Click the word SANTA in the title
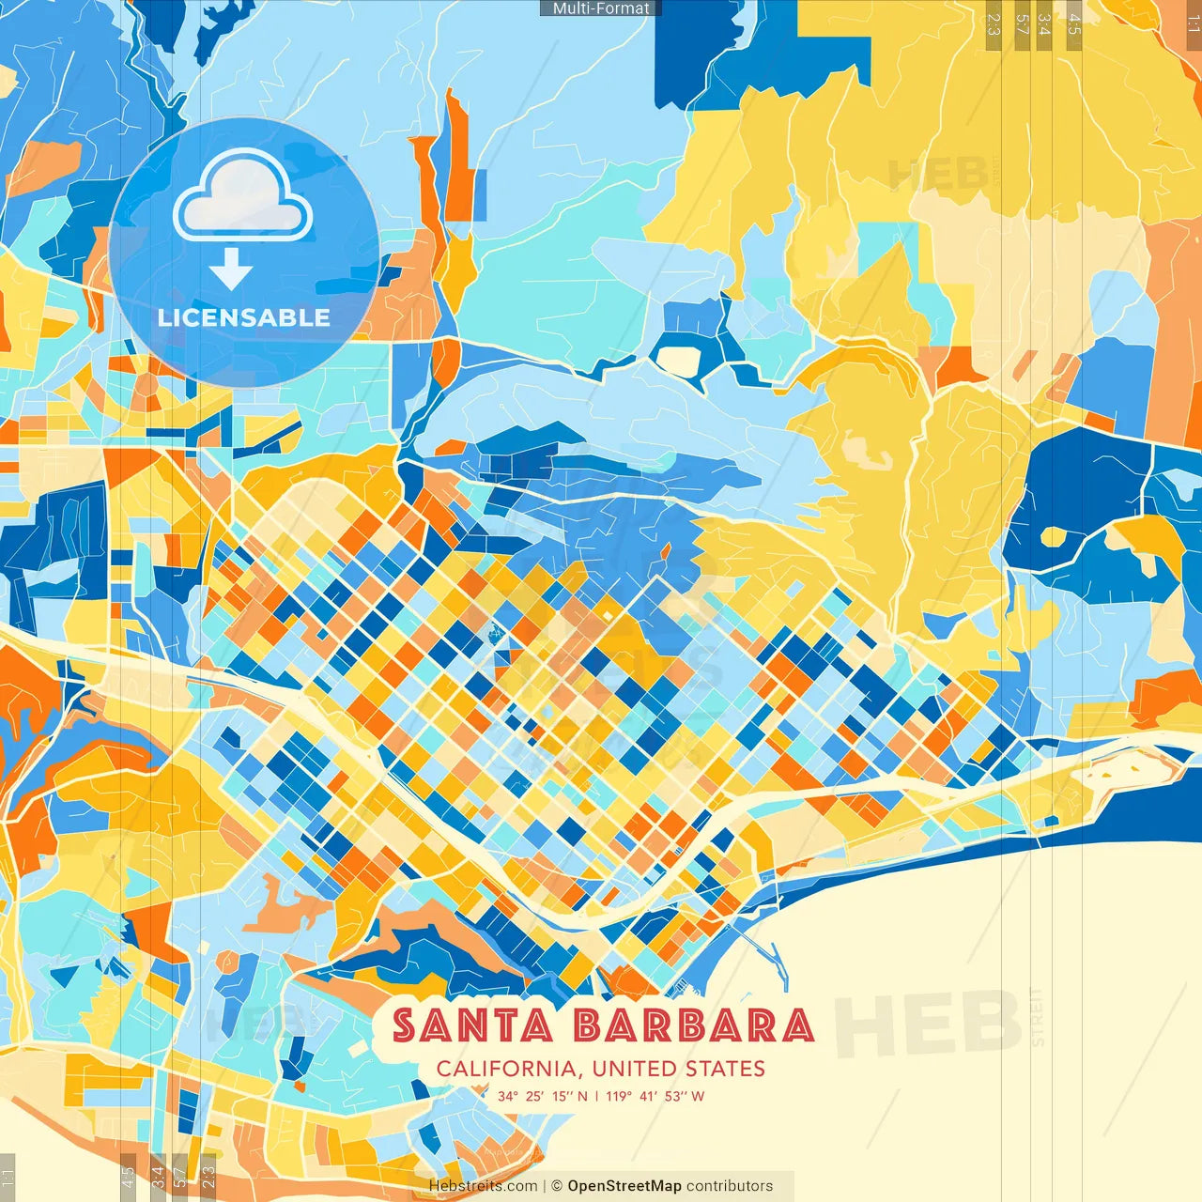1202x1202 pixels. pos(472,1025)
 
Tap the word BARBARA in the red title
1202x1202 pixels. pos(693,1025)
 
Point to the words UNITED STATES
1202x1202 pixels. pos(678,1069)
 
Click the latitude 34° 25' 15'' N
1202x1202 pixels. pos(543,1096)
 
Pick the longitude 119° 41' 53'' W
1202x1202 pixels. pos(655,1096)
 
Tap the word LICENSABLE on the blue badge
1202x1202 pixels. pos(244,317)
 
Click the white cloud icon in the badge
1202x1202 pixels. pos(242,195)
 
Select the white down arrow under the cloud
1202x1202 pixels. pos(231,270)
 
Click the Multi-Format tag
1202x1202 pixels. pos(601,8)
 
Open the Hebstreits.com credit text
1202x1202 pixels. pos(483,1186)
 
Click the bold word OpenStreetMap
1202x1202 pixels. pos(624,1186)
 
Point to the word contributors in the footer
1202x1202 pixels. pos(730,1186)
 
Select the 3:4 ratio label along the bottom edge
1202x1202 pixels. pos(158,1177)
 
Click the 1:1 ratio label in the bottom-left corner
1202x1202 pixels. pos(8,1177)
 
